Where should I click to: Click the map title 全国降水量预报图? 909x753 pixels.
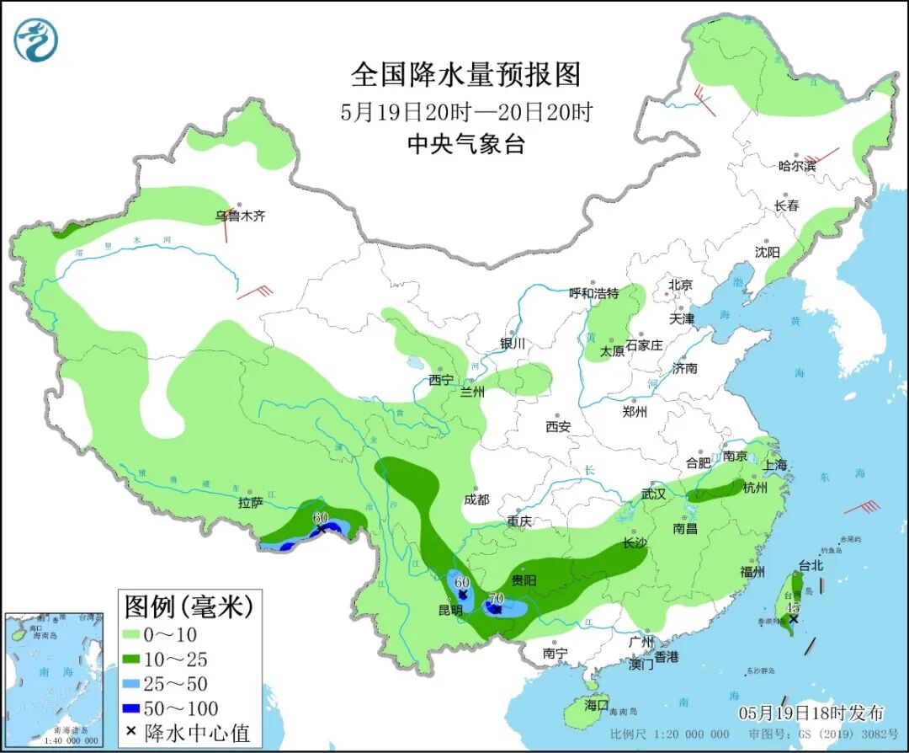(465, 76)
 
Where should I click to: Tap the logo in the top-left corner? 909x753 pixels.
(36, 40)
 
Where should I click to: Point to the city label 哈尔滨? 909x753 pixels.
(797, 166)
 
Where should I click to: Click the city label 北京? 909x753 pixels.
(680, 286)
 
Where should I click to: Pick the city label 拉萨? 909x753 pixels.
(251, 503)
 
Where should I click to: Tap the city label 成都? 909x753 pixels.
(476, 499)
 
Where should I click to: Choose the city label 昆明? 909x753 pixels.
(450, 610)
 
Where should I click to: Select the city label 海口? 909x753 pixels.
(596, 704)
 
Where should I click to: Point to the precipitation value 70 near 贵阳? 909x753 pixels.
(496, 597)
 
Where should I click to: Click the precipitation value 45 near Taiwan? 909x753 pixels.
(792, 607)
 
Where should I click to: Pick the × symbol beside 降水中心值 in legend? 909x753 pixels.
(131, 733)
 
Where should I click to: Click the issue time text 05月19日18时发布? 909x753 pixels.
(811, 713)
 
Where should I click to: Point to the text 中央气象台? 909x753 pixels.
(465, 145)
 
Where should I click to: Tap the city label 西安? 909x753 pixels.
(557, 427)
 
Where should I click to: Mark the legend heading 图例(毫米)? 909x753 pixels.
(189, 606)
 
